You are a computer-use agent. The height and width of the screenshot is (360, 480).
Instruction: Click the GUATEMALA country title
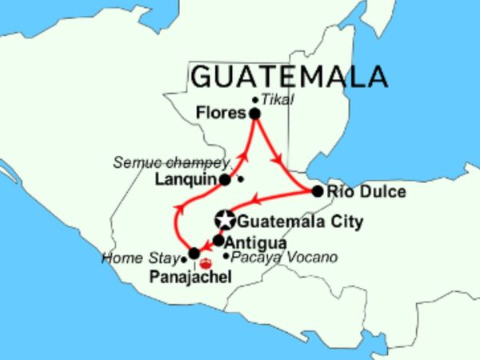pyautogui.click(x=290, y=76)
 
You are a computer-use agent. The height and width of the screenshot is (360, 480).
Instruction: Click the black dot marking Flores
pyautogui.click(x=254, y=114)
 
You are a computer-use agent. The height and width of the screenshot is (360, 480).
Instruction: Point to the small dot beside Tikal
pyautogui.click(x=255, y=100)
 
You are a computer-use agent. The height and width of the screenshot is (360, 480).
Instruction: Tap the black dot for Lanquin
pyautogui.click(x=226, y=180)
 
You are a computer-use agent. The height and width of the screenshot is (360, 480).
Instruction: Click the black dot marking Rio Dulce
pyautogui.click(x=317, y=191)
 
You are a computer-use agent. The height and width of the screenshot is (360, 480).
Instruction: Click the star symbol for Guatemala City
pyautogui.click(x=226, y=220)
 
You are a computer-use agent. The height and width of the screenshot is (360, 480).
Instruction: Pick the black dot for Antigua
pyautogui.click(x=218, y=240)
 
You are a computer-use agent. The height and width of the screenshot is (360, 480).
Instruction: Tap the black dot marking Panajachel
pyautogui.click(x=194, y=254)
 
